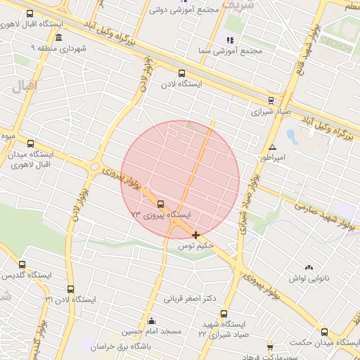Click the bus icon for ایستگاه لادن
(x=182, y=72)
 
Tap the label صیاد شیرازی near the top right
(x=271, y=111)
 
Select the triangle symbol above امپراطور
(x=272, y=147)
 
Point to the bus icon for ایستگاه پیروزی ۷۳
(x=161, y=204)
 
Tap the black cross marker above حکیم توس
(x=195, y=235)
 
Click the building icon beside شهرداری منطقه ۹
(x=58, y=37)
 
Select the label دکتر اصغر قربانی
(x=188, y=298)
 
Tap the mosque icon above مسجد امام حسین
(x=152, y=321)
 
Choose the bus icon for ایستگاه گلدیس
(x=22, y=264)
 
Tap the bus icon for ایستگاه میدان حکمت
(x=324, y=331)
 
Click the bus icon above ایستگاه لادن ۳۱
(x=70, y=288)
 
